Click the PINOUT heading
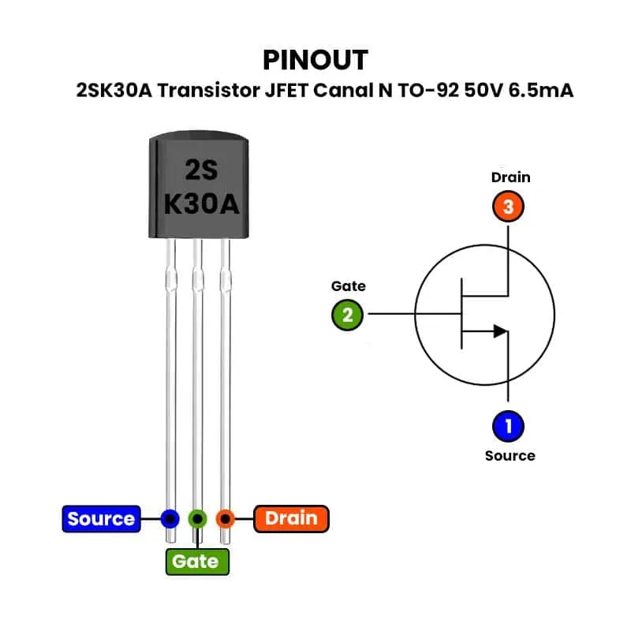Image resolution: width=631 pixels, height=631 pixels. click(x=315, y=60)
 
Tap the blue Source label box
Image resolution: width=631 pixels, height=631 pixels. click(x=101, y=518)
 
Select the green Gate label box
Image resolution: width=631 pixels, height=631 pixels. click(x=196, y=561)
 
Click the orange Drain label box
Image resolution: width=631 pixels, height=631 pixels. click(x=291, y=518)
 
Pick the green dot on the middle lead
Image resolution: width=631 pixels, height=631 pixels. click(x=197, y=518)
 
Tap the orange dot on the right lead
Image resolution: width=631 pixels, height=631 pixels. click(x=226, y=518)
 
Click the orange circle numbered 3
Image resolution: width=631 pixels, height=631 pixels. click(x=508, y=207)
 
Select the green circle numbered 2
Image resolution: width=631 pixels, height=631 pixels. click(x=347, y=315)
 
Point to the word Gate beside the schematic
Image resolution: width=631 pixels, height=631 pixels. click(x=348, y=286)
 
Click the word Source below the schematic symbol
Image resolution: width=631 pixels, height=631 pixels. click(x=510, y=456)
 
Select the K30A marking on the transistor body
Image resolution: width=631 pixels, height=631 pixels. click(x=201, y=204)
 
